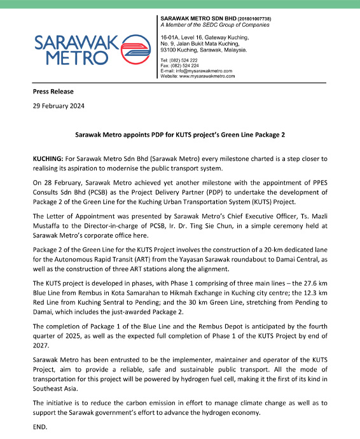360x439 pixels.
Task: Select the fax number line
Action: [185, 65]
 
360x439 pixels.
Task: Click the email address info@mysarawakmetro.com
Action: [203, 70]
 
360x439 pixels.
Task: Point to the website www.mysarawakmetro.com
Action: [207, 75]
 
